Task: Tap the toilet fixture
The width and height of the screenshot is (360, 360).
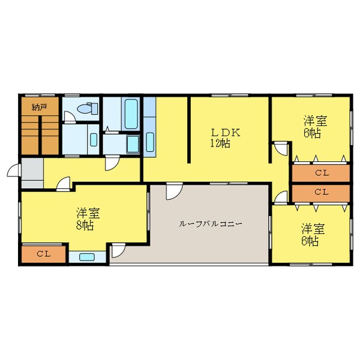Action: (x=86, y=110)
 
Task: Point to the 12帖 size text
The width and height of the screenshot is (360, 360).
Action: (x=220, y=143)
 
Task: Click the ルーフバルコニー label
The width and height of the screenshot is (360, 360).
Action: (x=210, y=224)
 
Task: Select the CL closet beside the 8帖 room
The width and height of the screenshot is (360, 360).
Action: (x=43, y=254)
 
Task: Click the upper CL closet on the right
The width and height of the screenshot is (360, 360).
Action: (x=321, y=173)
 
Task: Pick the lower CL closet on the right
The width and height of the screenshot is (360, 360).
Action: (x=321, y=193)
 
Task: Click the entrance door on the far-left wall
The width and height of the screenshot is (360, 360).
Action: (x=13, y=172)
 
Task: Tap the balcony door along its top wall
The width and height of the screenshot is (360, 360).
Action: (x=173, y=191)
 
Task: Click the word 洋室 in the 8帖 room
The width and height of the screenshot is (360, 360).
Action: (x=88, y=214)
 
